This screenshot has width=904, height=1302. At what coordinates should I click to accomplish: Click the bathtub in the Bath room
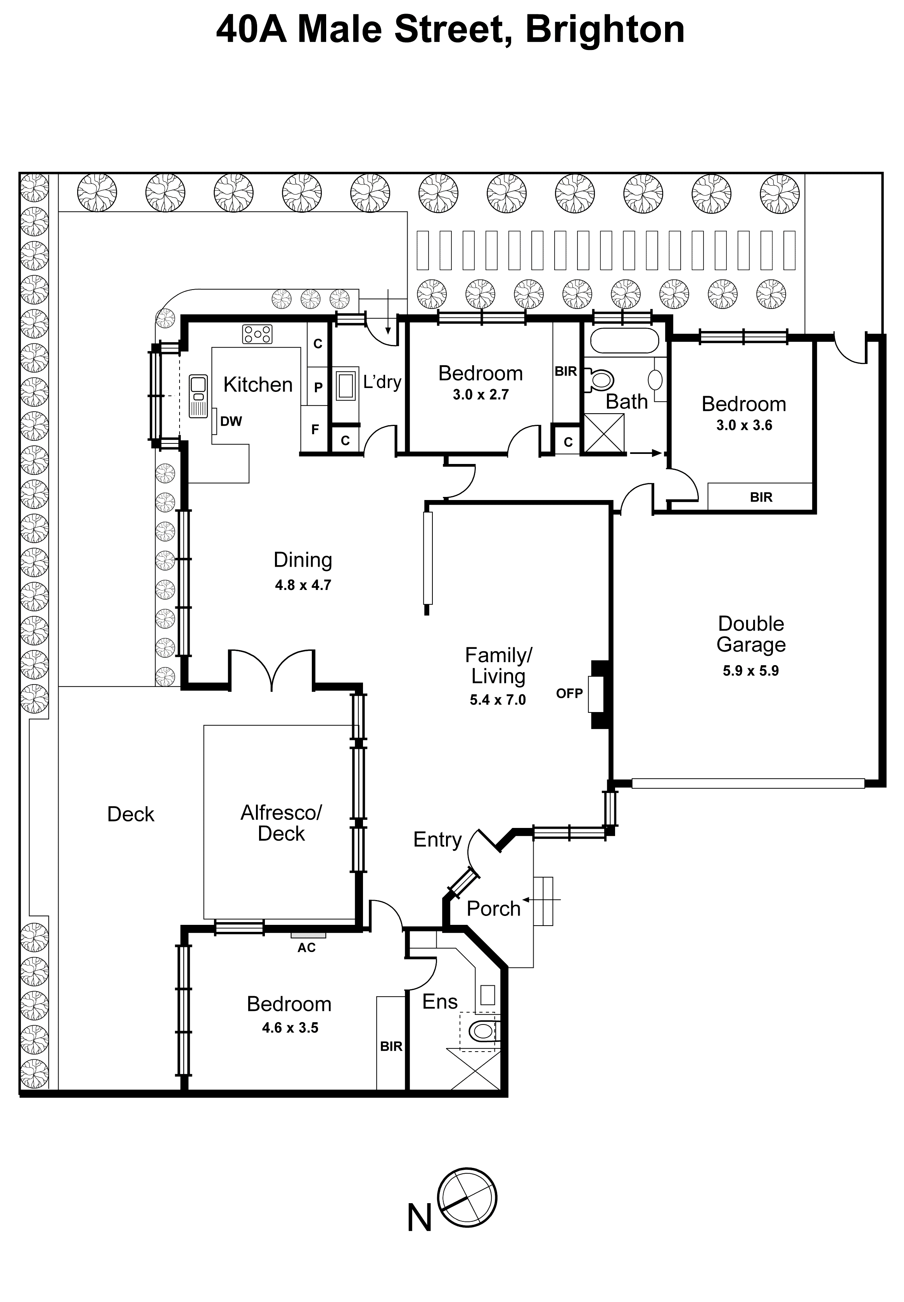tap(624, 341)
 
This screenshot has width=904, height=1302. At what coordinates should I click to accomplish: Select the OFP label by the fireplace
tap(569, 693)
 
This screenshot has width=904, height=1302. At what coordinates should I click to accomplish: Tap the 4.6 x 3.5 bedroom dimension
tap(290, 1028)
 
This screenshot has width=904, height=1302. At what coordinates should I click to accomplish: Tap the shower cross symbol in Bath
tap(604, 433)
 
